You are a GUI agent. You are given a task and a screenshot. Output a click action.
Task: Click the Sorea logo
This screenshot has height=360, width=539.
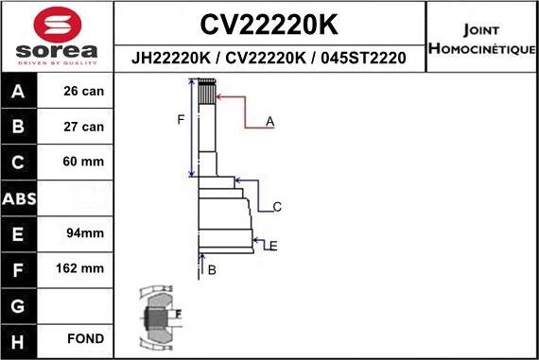click(57, 37)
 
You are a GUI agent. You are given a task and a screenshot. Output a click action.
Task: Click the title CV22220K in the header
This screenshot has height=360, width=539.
click(269, 23)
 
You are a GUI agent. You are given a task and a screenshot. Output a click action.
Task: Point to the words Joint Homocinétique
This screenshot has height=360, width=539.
click(482, 38)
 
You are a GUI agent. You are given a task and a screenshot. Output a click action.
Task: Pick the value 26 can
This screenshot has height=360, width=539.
click(83, 92)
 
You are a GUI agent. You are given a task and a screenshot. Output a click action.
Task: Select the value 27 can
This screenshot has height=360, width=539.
click(83, 126)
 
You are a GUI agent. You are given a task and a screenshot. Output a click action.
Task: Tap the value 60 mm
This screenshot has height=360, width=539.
click(83, 162)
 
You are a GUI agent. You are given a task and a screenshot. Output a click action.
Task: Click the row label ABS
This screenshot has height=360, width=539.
click(20, 197)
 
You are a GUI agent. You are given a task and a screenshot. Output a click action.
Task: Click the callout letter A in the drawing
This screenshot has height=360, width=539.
click(269, 121)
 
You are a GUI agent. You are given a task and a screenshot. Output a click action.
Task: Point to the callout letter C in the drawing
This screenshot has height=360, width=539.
click(277, 206)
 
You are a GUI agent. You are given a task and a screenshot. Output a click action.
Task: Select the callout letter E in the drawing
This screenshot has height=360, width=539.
click(272, 246)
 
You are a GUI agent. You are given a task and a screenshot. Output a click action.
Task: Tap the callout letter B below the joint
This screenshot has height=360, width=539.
click(212, 270)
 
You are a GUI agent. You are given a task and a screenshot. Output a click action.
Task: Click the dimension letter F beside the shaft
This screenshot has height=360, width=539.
click(180, 119)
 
